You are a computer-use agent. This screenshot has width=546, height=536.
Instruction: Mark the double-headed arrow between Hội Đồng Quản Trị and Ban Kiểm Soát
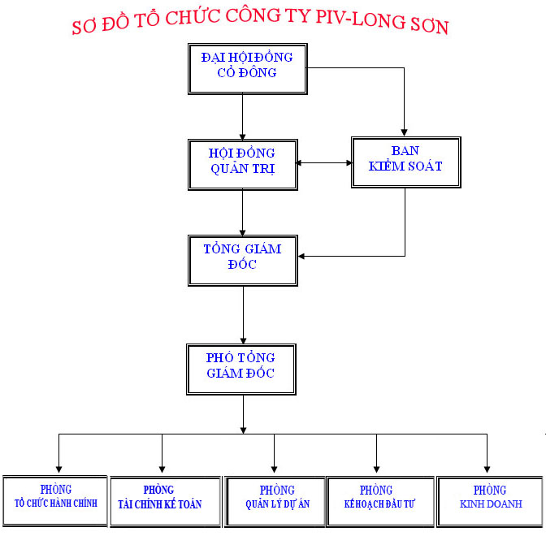click(x=324, y=163)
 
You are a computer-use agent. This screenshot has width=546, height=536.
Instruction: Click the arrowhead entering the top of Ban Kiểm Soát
click(x=405, y=132)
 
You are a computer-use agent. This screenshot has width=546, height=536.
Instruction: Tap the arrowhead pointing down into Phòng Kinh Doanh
click(x=487, y=469)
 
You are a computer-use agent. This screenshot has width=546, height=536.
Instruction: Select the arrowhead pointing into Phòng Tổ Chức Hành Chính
click(x=58, y=469)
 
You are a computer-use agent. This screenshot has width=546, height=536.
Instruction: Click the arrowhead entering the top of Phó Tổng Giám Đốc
click(x=243, y=339)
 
